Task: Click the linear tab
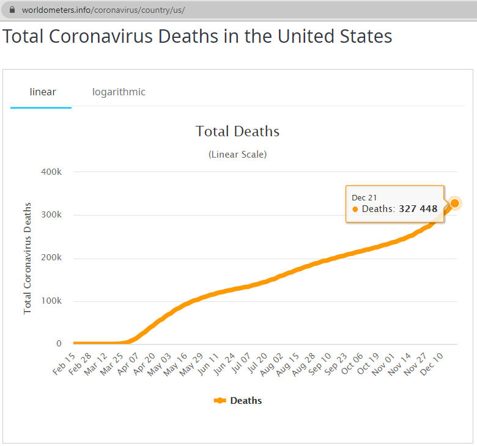coord(43,92)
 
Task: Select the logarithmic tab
coord(119,92)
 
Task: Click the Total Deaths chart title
coord(237,131)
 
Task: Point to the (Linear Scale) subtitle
coord(237,155)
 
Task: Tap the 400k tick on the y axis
coord(51,172)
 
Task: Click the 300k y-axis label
coord(51,215)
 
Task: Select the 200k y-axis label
coord(51,258)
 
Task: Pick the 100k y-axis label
coord(51,301)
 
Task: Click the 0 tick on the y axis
coord(59,344)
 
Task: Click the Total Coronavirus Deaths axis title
coord(28,258)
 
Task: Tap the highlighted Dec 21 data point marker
coord(454,203)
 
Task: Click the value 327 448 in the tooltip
coord(418,209)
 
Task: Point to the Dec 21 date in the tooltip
coord(364,197)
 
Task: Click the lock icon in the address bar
coord(12,10)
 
